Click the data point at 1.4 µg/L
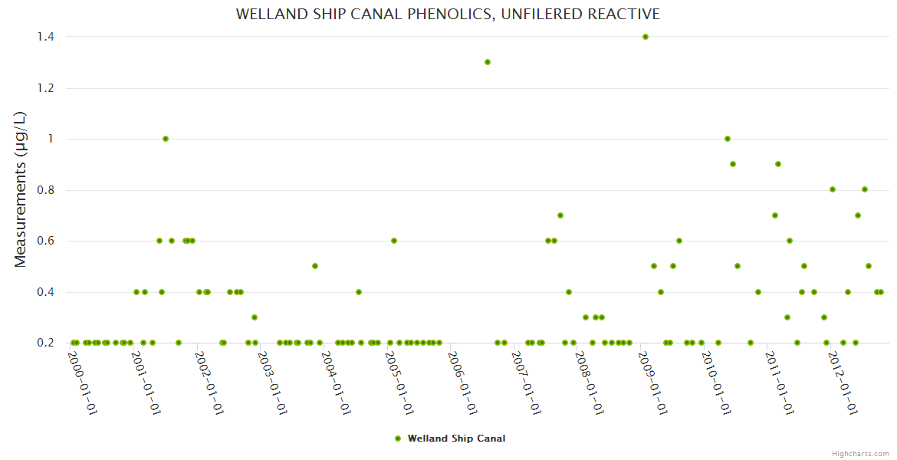click(x=646, y=37)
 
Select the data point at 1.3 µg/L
click(x=488, y=62)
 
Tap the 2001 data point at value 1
click(x=166, y=139)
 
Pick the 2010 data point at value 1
click(x=728, y=139)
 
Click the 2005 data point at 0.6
click(x=394, y=241)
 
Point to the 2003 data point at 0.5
click(x=315, y=266)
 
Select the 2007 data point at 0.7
click(x=560, y=215)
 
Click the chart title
click(x=448, y=15)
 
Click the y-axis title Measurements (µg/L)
click(x=21, y=189)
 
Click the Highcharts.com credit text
click(x=860, y=453)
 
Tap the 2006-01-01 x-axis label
click(x=464, y=383)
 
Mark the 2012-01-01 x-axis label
click(x=844, y=383)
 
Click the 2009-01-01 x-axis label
click(x=654, y=383)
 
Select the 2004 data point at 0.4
click(x=359, y=292)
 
